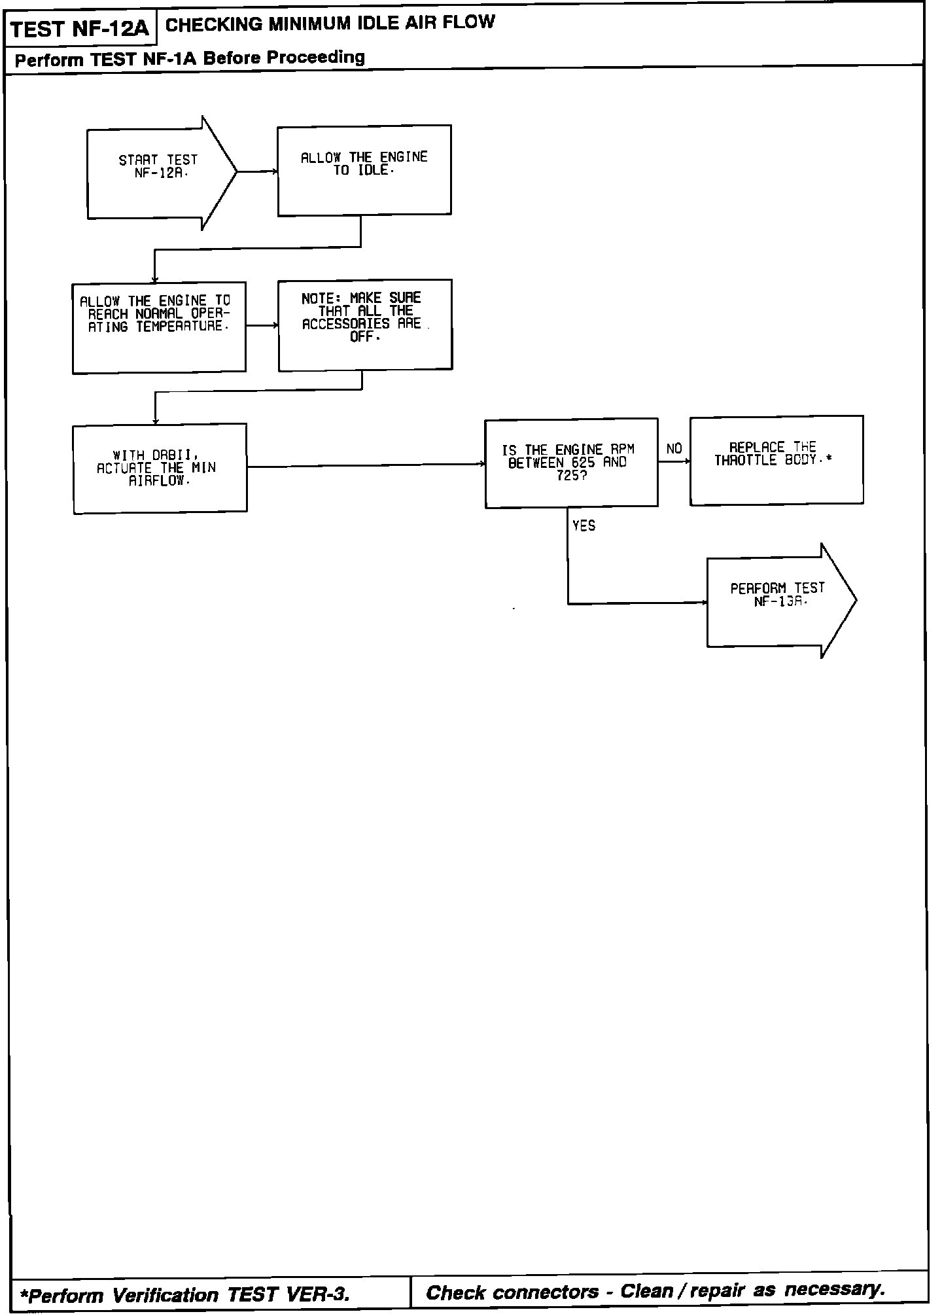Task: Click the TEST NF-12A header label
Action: pyautogui.click(x=80, y=29)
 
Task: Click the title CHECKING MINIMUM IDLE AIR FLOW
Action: pyautogui.click(x=330, y=24)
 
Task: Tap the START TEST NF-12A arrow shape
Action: pyautogui.click(x=157, y=173)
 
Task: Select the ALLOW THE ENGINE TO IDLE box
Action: pyautogui.click(x=364, y=170)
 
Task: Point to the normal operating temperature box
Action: pyautogui.click(x=159, y=327)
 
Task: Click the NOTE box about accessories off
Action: pyautogui.click(x=365, y=325)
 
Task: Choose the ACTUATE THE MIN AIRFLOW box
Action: pyautogui.click(x=160, y=468)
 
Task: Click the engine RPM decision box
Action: pyautogui.click(x=571, y=463)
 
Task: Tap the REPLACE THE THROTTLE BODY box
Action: pyautogui.click(x=776, y=459)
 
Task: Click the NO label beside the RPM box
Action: pyautogui.click(x=674, y=449)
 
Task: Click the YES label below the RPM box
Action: pyautogui.click(x=584, y=526)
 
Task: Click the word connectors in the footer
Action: pyautogui.click(x=545, y=1292)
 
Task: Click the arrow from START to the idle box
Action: pyautogui.click(x=257, y=172)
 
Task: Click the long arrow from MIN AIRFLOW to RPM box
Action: pyautogui.click(x=366, y=465)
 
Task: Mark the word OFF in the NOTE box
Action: pyautogui.click(x=362, y=337)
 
